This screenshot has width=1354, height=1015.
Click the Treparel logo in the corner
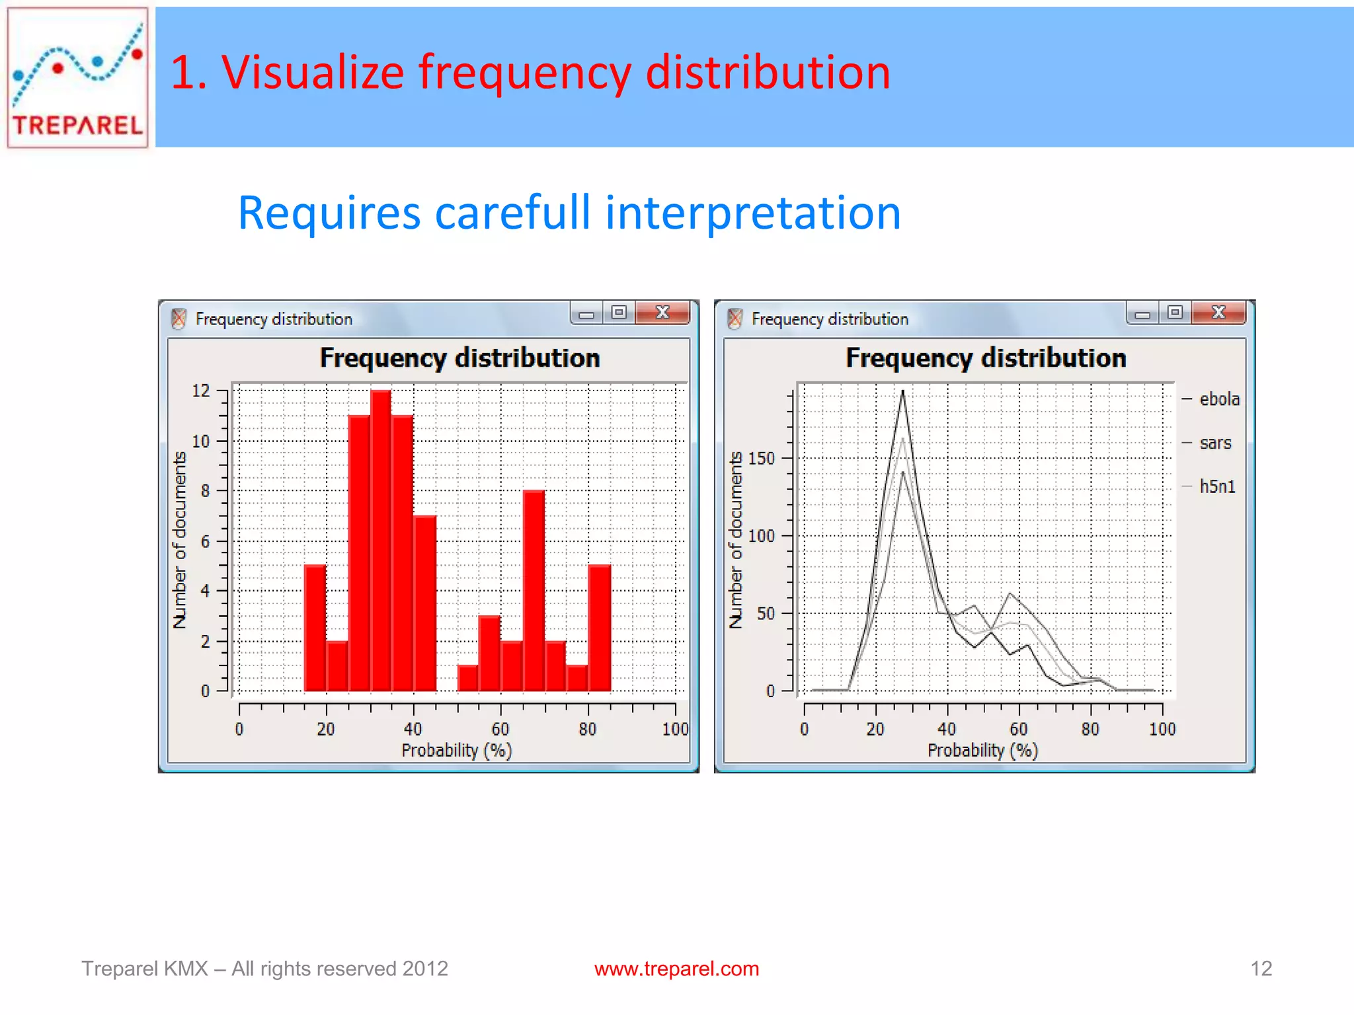point(77,77)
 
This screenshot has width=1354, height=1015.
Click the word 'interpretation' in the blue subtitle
point(752,213)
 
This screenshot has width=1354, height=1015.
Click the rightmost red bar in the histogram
point(599,628)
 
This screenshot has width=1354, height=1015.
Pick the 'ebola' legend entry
point(1218,399)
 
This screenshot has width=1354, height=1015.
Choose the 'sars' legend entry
point(1215,443)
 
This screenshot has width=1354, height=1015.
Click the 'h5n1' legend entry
point(1216,486)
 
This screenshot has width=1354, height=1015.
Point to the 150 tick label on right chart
point(761,459)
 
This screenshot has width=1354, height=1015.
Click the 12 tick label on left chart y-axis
point(200,391)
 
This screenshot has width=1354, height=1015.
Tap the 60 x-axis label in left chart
point(500,729)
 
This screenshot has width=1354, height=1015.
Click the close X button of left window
point(662,313)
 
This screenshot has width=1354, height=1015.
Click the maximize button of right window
point(1175,313)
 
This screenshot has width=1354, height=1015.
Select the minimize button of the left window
point(586,314)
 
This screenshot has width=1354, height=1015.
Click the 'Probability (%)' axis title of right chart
point(982,750)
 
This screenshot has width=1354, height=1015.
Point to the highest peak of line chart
point(902,393)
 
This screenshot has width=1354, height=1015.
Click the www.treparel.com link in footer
point(676,969)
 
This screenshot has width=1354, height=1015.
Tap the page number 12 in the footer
point(1261,969)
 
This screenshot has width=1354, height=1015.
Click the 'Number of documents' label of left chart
point(180,539)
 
